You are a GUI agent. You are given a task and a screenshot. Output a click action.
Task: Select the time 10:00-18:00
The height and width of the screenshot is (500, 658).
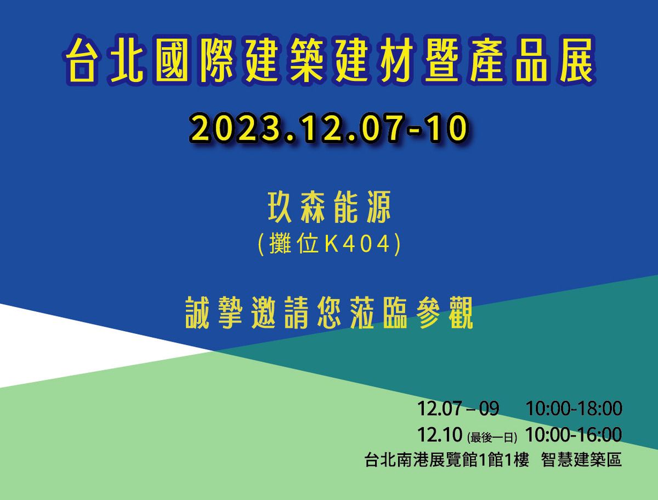coord(574,408)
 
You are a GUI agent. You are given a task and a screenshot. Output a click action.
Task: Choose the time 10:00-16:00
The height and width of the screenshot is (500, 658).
coord(574,435)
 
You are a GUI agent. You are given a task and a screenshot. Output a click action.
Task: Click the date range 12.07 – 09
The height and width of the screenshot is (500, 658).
coord(458,408)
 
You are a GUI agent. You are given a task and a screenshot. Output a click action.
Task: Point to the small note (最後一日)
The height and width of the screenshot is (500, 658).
coord(492,438)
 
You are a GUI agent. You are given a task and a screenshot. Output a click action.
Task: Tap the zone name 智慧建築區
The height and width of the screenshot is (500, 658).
coord(581,459)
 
